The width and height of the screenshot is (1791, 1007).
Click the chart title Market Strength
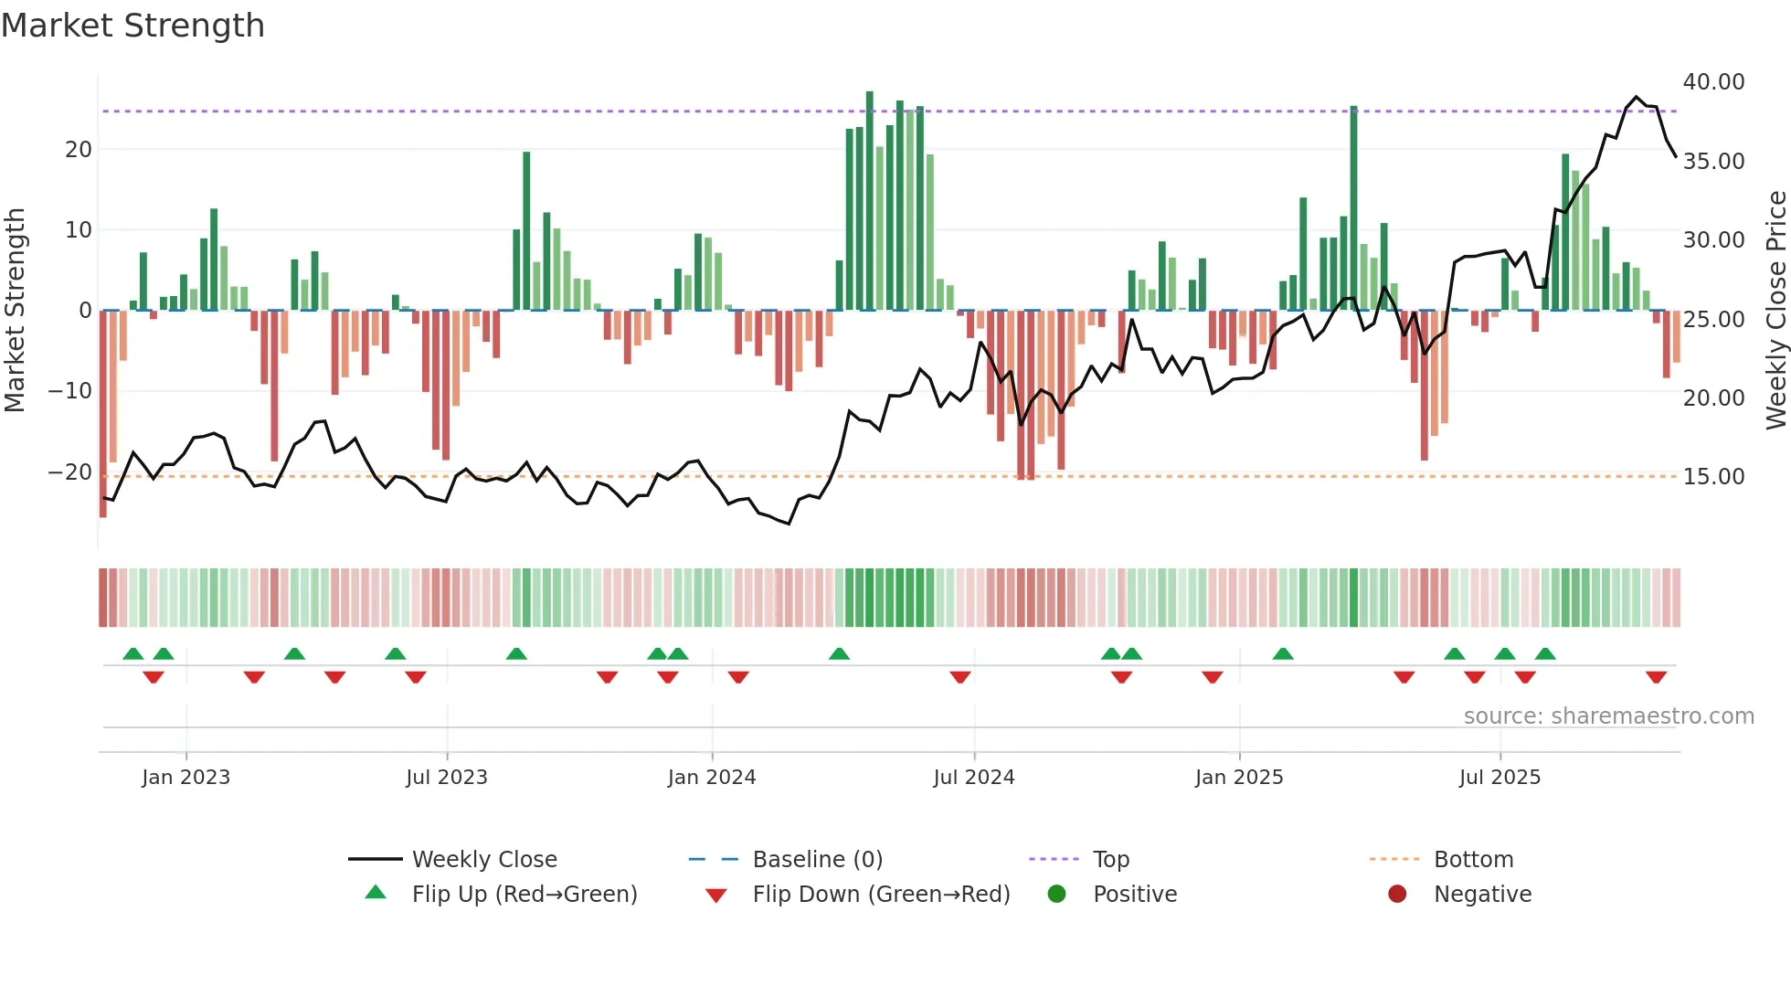[132, 26]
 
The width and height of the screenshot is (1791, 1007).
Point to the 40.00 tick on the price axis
[1713, 82]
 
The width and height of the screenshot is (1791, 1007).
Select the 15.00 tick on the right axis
[1713, 477]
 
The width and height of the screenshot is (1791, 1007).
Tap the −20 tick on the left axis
[69, 472]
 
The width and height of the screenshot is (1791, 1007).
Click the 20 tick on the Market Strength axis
[79, 150]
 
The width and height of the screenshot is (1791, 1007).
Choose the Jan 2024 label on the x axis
[711, 778]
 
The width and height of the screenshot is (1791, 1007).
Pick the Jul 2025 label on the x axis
[1499, 778]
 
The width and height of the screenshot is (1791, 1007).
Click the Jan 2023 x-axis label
[185, 778]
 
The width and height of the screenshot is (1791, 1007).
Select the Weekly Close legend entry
[483, 860]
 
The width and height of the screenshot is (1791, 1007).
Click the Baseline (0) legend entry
[817, 860]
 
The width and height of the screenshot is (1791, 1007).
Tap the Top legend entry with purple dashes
[1110, 860]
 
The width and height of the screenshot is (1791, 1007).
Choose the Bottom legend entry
[1473, 860]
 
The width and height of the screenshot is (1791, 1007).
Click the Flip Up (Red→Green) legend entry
[524, 895]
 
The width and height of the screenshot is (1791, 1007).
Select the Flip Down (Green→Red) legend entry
[881, 895]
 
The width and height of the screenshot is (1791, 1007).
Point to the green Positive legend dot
[1057, 895]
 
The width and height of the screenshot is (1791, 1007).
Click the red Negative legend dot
[1397, 895]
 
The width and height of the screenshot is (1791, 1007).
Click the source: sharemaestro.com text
[1608, 716]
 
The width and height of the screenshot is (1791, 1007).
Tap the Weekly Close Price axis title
[1775, 311]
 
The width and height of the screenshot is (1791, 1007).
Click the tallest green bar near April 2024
[870, 201]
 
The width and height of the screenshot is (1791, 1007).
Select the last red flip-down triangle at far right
[1656, 677]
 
